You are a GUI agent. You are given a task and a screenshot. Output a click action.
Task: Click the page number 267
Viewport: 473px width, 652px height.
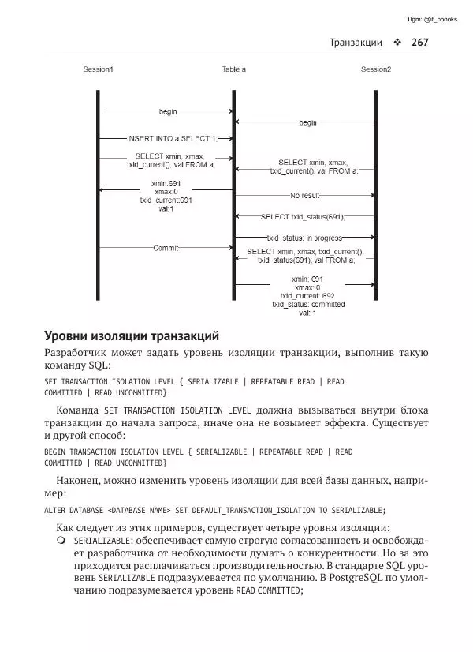pos(419,42)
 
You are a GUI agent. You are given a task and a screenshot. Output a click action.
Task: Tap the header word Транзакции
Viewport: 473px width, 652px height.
pos(356,42)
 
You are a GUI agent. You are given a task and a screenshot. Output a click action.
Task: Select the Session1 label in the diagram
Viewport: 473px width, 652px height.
pos(99,69)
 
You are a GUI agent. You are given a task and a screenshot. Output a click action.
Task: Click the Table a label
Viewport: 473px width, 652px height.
pos(233,69)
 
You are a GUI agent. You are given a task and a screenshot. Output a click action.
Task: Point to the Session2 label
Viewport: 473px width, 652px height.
pos(375,69)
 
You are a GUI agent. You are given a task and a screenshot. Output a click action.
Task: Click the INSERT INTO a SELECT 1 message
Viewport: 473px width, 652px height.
pos(166,138)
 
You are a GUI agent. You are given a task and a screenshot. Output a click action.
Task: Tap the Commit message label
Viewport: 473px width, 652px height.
pos(166,248)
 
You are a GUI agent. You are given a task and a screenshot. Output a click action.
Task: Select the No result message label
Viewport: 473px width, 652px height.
pos(305,195)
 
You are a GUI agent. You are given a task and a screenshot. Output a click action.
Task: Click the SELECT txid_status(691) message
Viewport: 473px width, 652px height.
pos(303,216)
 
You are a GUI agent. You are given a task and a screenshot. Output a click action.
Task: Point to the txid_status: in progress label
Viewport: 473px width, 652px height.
pos(304,237)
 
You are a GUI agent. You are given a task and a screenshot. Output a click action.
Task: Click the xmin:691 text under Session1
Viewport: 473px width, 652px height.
pos(166,184)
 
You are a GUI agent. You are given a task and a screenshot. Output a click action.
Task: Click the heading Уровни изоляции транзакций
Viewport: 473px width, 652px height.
pos(131,335)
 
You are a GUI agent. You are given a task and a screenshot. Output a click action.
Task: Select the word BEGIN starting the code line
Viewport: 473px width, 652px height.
pos(55,452)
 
